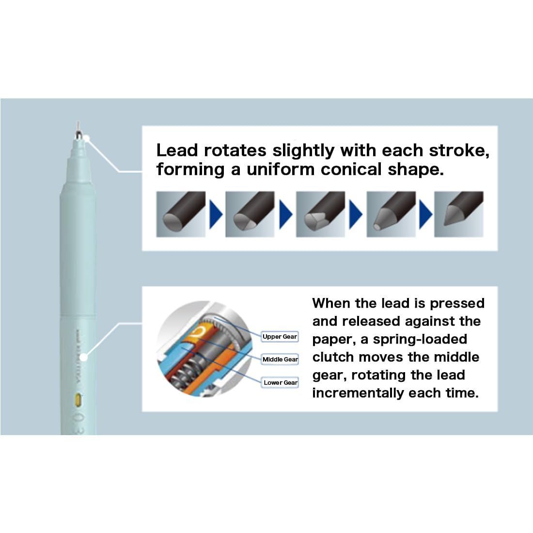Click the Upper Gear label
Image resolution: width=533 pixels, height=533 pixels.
280,337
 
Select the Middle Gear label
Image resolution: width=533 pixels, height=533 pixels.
280,360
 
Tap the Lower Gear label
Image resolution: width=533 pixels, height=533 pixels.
281,383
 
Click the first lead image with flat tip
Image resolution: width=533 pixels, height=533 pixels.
181,214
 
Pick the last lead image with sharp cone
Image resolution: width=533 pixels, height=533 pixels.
458,214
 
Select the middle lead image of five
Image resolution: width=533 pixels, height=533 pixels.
320,214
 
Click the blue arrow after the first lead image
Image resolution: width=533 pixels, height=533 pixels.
216,214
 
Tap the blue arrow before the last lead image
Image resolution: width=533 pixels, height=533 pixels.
425,214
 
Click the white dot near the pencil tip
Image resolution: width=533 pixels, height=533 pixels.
87,139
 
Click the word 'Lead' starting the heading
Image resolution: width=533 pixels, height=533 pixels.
177,151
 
